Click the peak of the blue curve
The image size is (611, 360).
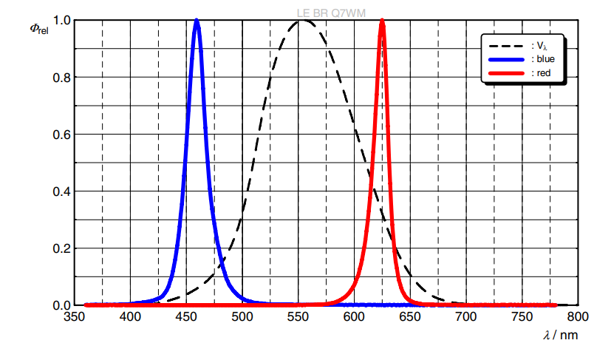pos(197,21)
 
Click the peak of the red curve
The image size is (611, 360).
pos(382,21)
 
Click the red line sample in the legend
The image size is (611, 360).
pos(506,72)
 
